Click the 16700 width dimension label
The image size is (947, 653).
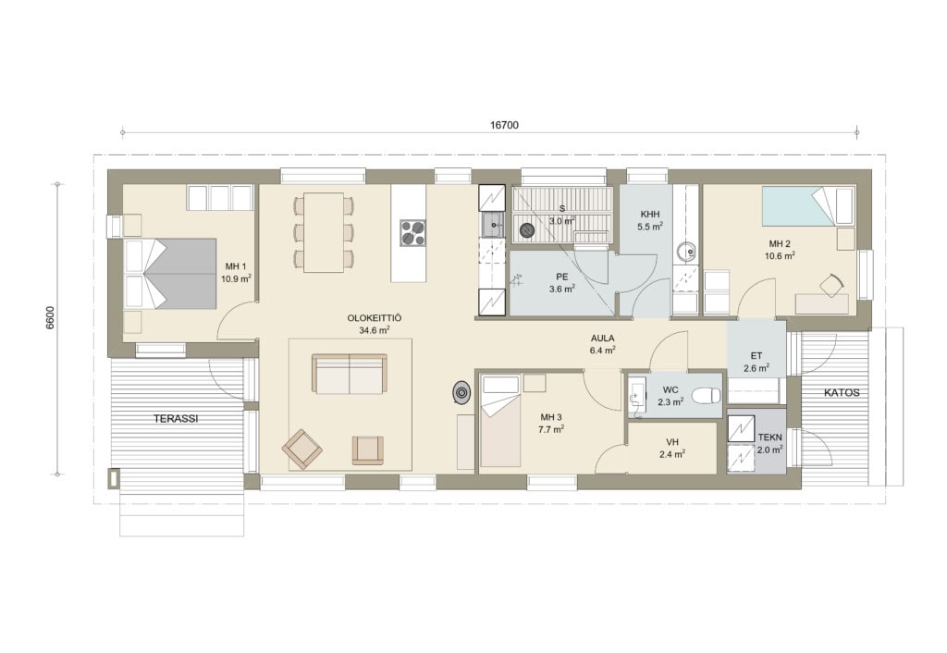[504, 125]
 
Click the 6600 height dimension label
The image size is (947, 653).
[50, 317]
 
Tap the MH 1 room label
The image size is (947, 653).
[236, 266]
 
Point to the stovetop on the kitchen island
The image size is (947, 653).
[413, 232]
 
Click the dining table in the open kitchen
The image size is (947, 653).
[324, 232]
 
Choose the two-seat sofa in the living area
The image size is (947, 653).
[349, 374]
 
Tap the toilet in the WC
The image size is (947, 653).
[707, 396]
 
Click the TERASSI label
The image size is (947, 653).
[175, 418]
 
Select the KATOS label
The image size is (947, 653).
[842, 393]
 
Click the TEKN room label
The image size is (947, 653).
[770, 437]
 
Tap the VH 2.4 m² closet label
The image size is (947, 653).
[671, 449]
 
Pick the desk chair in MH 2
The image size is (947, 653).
[831, 285]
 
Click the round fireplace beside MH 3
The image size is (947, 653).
[462, 393]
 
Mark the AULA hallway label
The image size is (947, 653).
[602, 339]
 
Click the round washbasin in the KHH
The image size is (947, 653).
[686, 251]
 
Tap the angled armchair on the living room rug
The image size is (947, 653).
[302, 449]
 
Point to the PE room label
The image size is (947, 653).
[561, 277]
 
